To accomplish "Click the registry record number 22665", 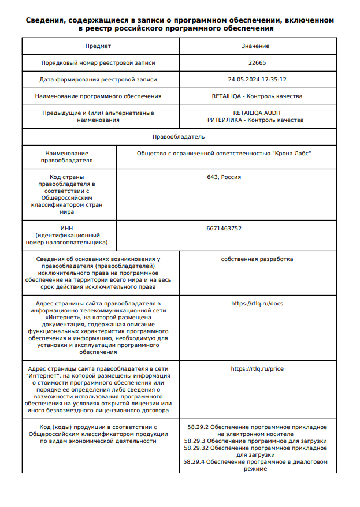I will click(x=257, y=62).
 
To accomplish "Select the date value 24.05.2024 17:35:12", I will click(x=257, y=80).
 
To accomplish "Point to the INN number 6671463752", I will click(x=224, y=229).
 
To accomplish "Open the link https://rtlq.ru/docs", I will click(x=257, y=303).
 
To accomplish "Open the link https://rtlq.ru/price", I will click(x=257, y=368).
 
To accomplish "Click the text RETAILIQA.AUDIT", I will click(x=257, y=113).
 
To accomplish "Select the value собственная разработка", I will click(x=257, y=259).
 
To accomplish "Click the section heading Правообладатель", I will click(x=179, y=137).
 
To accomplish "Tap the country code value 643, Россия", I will click(x=224, y=177).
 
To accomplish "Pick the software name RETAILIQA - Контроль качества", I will click(x=257, y=96).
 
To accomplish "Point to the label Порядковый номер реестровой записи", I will click(x=98, y=62).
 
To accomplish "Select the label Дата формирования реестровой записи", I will click(x=98, y=80).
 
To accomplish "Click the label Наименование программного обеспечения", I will click(x=98, y=96).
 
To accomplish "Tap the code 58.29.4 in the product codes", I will click(x=194, y=462).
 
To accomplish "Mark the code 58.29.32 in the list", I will click(x=196, y=448).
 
